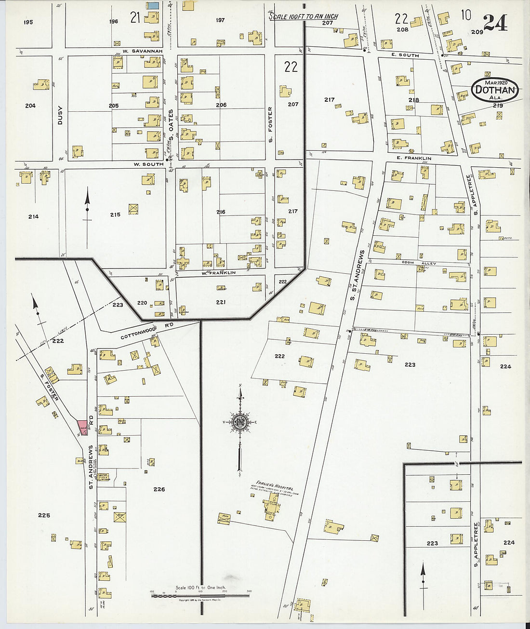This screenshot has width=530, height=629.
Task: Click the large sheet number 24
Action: (x=495, y=22)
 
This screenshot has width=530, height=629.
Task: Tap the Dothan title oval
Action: (x=495, y=89)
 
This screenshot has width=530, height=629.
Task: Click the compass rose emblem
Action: (x=239, y=422)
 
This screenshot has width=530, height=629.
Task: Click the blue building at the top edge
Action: (x=153, y=5)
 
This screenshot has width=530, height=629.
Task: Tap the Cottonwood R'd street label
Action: (x=139, y=330)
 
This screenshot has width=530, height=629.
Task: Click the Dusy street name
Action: (x=60, y=115)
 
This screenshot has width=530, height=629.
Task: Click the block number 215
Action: (x=115, y=214)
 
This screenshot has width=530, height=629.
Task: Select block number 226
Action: (x=159, y=489)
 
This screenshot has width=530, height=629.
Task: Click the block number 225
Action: (x=44, y=515)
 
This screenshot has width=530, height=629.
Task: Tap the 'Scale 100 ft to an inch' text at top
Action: (x=304, y=16)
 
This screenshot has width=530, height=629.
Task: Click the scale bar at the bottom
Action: (x=200, y=596)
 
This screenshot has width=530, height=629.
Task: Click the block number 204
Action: (x=30, y=106)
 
